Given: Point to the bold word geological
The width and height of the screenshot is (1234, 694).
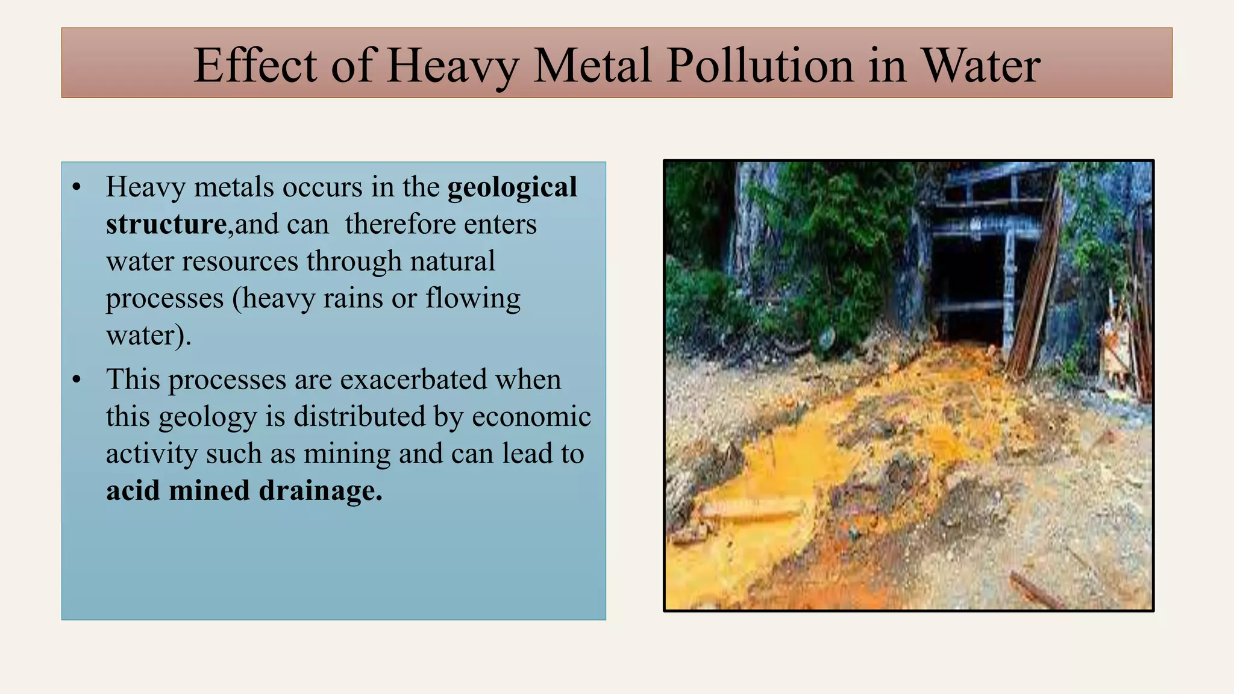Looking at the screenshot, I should point(512,187).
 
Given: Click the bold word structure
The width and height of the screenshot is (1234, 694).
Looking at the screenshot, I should point(166,224).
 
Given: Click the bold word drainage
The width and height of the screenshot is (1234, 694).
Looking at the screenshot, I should point(321,490).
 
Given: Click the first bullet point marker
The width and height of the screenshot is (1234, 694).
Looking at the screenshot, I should point(77,187).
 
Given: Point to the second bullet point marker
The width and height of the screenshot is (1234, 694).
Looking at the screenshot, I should point(77,380).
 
